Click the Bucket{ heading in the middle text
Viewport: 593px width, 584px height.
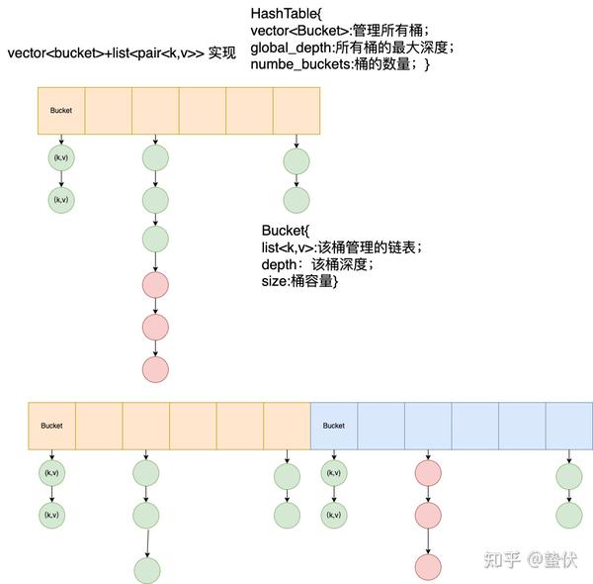click(x=286, y=230)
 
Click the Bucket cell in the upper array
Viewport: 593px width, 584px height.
click(x=61, y=109)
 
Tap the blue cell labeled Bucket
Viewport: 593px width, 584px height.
click(x=334, y=426)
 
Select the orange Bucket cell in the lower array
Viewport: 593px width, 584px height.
click(x=51, y=426)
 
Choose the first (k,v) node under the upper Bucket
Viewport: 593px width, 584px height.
click(x=61, y=158)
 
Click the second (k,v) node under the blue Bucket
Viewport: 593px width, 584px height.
click(x=334, y=515)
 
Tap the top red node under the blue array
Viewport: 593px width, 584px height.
click(x=428, y=473)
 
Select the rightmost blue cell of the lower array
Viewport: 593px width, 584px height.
click(x=568, y=426)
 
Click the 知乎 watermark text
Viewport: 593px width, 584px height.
click(x=500, y=559)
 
